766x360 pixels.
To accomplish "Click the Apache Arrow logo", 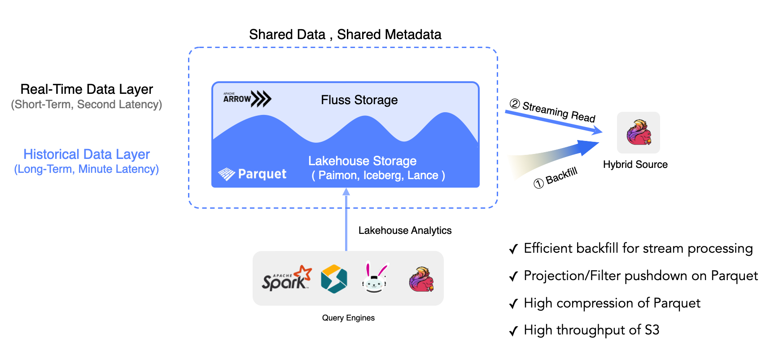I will click(x=247, y=98).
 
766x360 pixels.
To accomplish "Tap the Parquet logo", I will click(x=252, y=174).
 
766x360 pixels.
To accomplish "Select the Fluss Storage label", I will click(x=359, y=100).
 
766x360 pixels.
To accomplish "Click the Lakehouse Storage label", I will click(x=362, y=161).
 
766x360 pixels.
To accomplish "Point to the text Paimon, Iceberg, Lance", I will click(x=378, y=176).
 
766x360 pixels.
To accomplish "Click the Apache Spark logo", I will click(x=286, y=279).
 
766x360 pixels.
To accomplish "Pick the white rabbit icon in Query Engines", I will click(x=374, y=278).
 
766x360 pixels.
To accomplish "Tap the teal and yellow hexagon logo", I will click(x=334, y=279).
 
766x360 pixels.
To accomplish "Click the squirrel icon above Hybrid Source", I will click(x=639, y=132).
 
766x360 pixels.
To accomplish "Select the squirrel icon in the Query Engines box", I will click(x=421, y=279).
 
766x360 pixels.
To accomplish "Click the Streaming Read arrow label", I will click(x=559, y=111).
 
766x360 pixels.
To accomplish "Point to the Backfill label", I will click(x=561, y=176).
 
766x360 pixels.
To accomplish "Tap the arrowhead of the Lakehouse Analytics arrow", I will click(x=346, y=192).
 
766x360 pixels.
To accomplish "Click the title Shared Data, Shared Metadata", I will click(x=345, y=35).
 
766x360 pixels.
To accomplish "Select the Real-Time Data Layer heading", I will click(x=87, y=89).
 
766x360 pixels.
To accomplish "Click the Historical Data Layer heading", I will click(x=87, y=154).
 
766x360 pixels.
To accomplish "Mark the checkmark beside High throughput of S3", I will click(x=514, y=331).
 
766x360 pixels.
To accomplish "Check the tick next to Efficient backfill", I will click(x=514, y=249).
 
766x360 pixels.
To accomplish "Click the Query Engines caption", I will click(x=348, y=318).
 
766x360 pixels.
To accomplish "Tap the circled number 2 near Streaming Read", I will click(x=515, y=104).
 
